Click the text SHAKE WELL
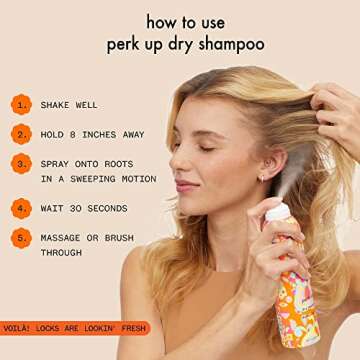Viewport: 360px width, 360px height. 69,104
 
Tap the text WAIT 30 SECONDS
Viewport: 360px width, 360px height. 84,208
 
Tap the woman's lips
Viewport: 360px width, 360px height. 187,186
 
